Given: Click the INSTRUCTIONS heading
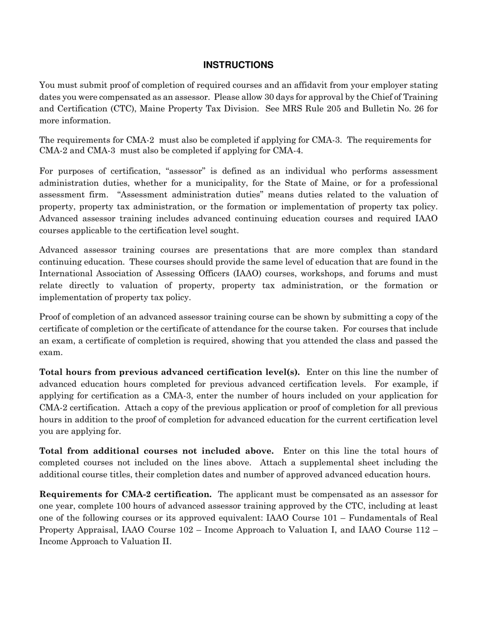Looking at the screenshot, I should point(238,65).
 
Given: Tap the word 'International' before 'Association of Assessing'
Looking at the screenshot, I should point(66,274).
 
